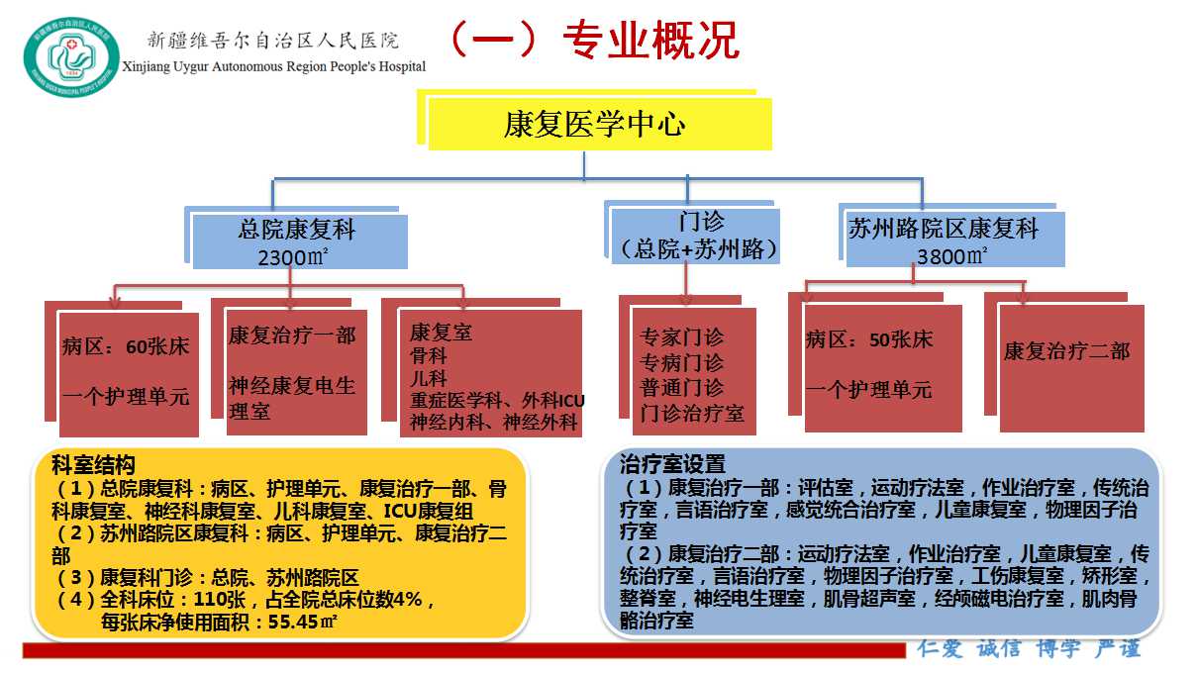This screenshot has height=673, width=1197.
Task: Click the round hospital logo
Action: pyautogui.click(x=71, y=56)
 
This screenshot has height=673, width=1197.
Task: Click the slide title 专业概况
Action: pyautogui.click(x=650, y=40)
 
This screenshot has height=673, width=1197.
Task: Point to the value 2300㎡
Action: pyautogui.click(x=292, y=257)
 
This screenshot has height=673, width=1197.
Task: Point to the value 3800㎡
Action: pyautogui.click(x=951, y=256)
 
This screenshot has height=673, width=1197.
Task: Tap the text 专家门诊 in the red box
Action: pyautogui.click(x=682, y=337)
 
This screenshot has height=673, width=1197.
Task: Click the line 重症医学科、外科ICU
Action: pyautogui.click(x=497, y=400)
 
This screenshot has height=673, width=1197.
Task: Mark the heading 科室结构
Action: pyautogui.click(x=93, y=465)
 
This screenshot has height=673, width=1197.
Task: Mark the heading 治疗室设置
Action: pyautogui.click(x=672, y=464)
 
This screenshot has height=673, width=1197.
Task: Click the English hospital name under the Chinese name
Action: pyautogui.click(x=274, y=66)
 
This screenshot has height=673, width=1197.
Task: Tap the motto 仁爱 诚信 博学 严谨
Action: pyautogui.click(x=1029, y=648)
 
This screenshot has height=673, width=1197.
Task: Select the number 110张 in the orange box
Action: pyautogui.click(x=219, y=600)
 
